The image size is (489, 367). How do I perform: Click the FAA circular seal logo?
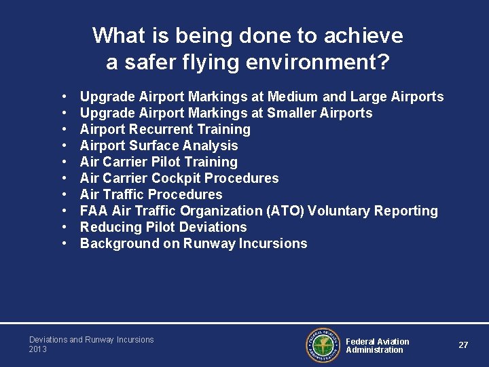coord(323,345)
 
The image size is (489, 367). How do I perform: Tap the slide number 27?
coord(463,345)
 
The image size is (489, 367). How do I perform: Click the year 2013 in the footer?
coord(38,349)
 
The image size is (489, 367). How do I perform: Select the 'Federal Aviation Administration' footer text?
coord(378,346)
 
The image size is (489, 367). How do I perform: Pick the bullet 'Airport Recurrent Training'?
coord(165,129)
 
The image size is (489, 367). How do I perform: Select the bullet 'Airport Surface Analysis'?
coord(159,145)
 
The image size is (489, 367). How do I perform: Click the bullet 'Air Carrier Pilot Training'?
coord(159,162)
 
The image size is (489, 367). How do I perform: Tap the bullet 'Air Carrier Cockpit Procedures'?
coord(179,178)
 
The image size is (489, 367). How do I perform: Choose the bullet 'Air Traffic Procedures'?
coord(151,194)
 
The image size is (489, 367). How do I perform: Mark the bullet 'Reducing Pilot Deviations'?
coord(163,227)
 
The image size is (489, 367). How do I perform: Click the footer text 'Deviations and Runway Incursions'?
coord(92,340)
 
